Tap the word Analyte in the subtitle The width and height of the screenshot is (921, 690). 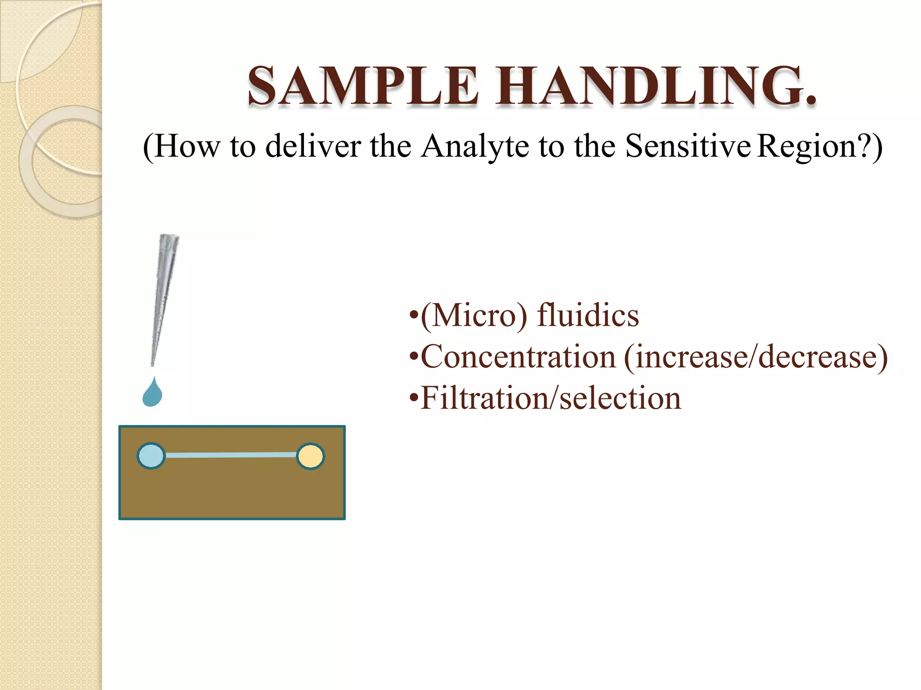point(474,146)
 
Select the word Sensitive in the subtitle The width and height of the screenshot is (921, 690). point(688,146)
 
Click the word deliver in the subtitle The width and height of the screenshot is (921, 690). point(313,146)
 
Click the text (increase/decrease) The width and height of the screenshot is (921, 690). point(756,357)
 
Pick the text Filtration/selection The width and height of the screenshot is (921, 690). point(551,398)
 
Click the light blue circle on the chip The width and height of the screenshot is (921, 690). point(151,456)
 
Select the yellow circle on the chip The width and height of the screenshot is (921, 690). point(310,456)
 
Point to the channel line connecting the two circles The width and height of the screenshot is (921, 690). point(231,456)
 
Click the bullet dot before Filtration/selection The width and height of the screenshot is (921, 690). point(414,399)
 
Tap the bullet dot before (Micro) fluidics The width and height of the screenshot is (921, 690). point(414,316)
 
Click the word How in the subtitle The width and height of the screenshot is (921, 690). point(187,146)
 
